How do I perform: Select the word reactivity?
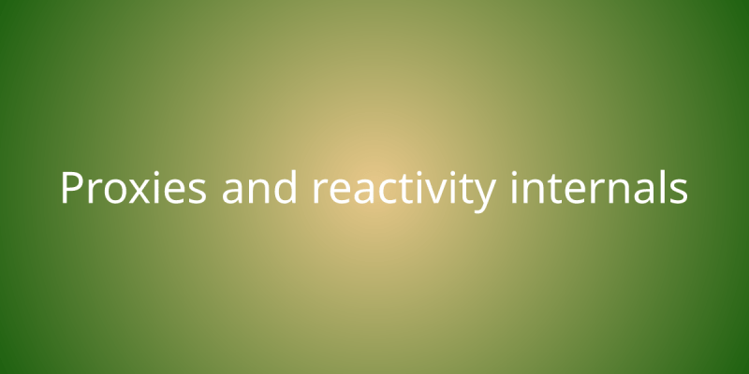click(x=403, y=190)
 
